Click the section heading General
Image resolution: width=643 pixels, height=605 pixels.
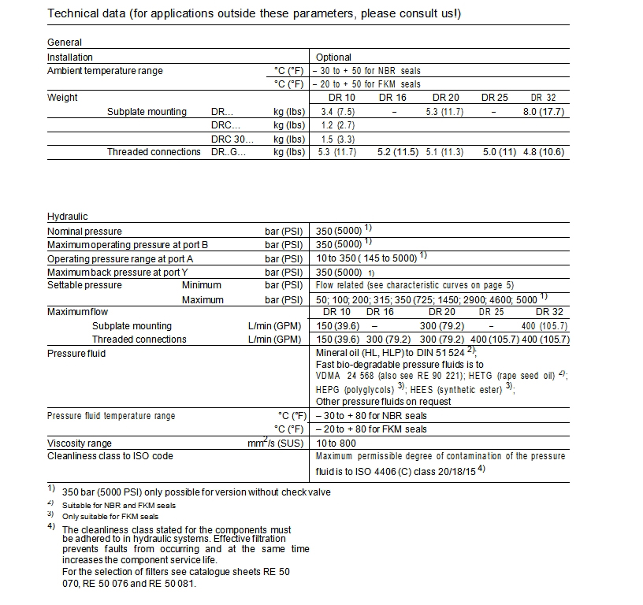[x=65, y=43]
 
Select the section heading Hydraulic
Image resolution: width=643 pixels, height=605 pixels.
[x=68, y=217]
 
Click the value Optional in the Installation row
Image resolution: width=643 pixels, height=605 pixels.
[x=333, y=58]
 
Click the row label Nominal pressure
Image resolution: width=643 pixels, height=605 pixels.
[x=84, y=232]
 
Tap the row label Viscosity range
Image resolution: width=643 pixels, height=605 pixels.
[x=80, y=443]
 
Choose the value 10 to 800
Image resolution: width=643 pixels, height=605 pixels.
[x=338, y=443]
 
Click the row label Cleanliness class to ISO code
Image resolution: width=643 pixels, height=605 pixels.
[x=110, y=456]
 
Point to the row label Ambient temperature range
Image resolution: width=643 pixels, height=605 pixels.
[x=105, y=71]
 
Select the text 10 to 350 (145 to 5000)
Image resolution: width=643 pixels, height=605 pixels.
[x=366, y=258]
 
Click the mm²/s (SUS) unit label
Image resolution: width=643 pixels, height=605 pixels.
[x=275, y=443]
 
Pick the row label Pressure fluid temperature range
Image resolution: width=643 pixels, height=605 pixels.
[x=111, y=416]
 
